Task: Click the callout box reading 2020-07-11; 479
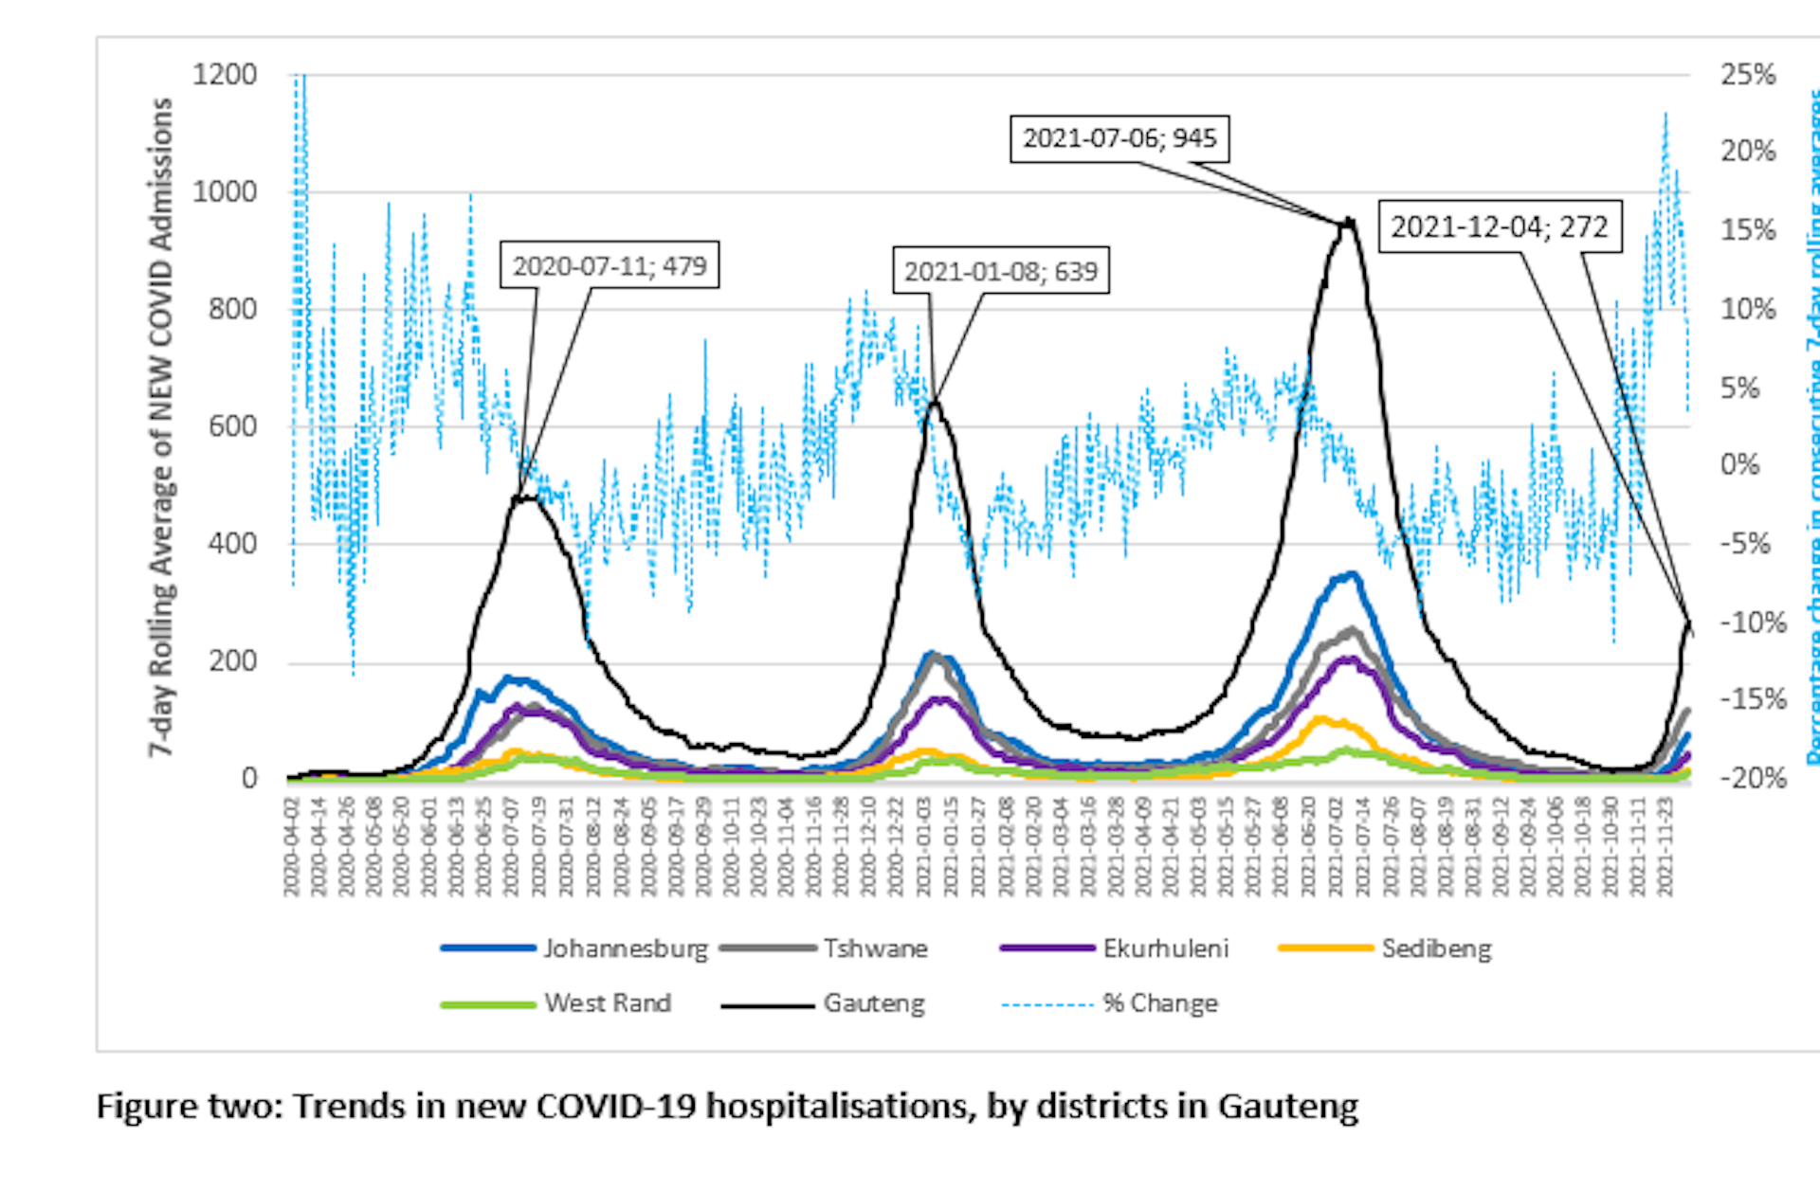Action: click(610, 265)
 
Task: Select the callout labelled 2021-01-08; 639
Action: click(1000, 272)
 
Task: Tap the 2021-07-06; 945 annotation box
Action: click(1119, 138)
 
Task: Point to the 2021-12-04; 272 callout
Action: click(1499, 227)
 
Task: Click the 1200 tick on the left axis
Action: click(225, 75)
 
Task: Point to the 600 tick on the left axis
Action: click(232, 427)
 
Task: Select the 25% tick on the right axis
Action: click(1748, 75)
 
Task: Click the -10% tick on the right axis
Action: click(1753, 623)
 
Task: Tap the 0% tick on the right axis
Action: click(1739, 465)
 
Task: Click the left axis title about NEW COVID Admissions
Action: click(162, 426)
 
